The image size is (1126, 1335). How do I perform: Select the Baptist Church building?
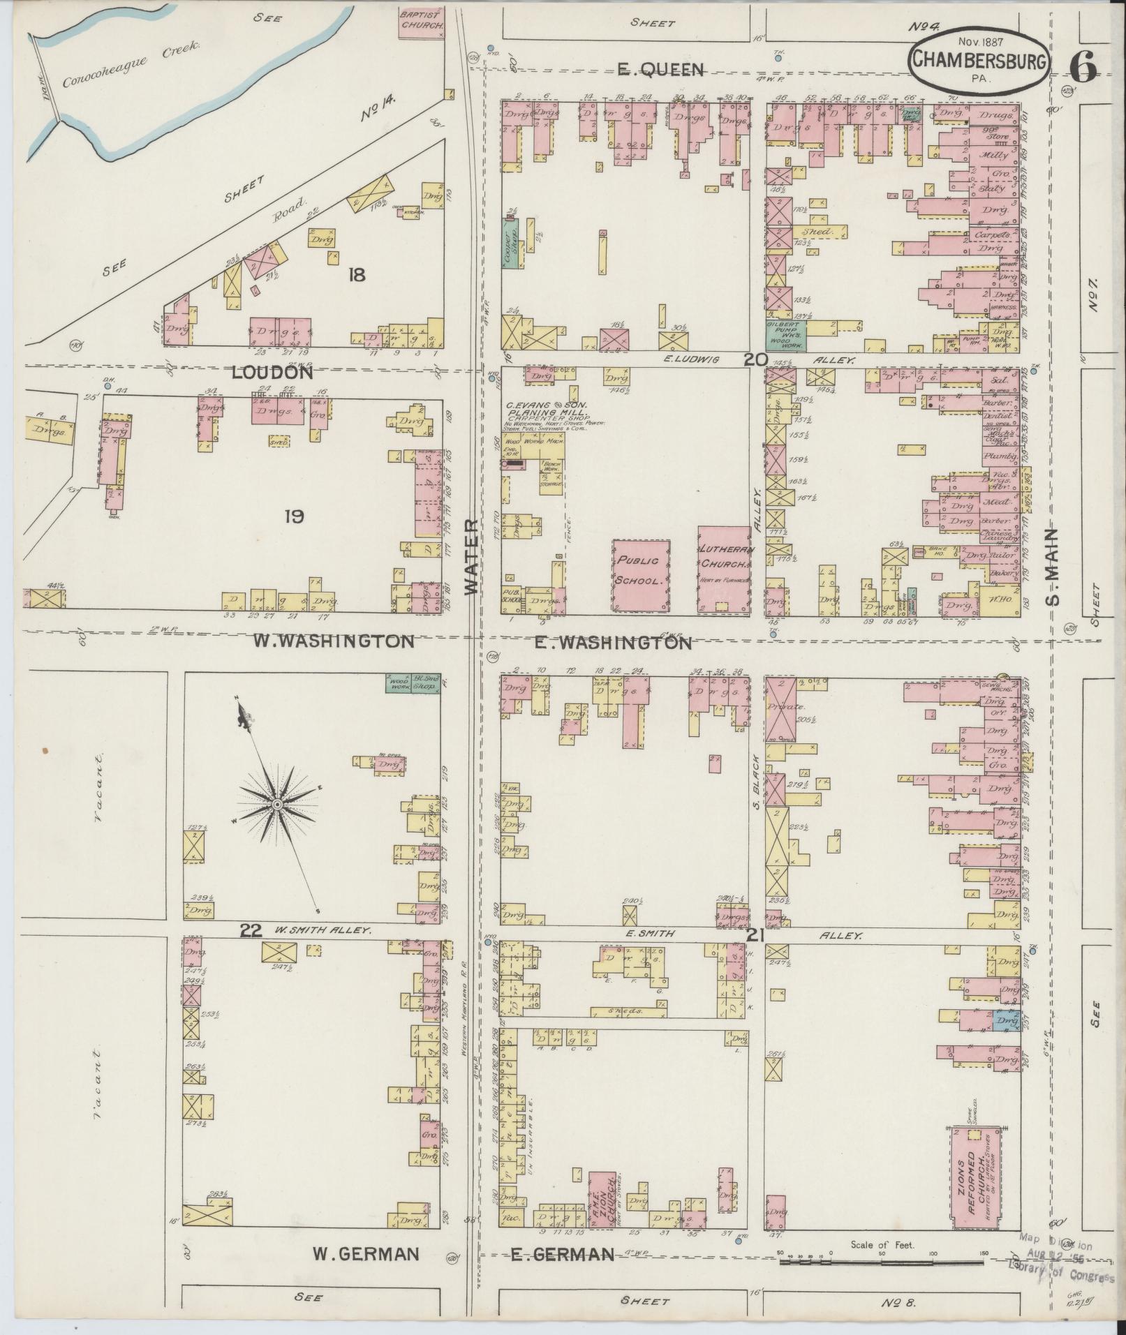(422, 20)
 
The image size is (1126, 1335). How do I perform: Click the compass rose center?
(277, 805)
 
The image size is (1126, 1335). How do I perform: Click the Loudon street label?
(272, 373)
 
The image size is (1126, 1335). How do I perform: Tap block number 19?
(294, 517)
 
